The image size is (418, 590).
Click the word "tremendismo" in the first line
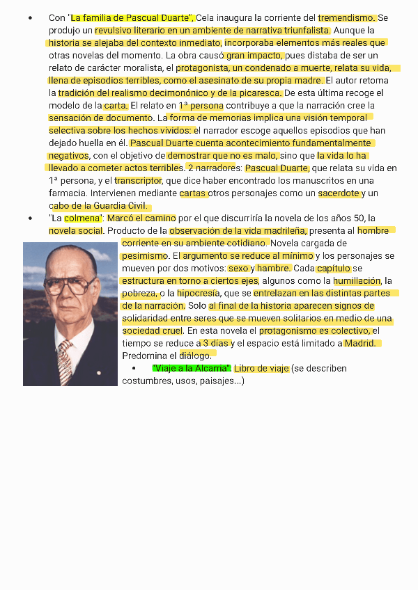tap(346, 17)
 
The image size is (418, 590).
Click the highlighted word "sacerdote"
tap(339, 193)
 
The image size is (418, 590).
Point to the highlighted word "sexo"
tap(238, 269)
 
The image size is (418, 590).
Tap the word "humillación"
tap(357, 281)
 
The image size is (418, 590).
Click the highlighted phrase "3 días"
tap(216, 344)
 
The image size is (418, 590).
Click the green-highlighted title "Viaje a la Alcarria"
tap(191, 369)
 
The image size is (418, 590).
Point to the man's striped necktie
tap(65, 362)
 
